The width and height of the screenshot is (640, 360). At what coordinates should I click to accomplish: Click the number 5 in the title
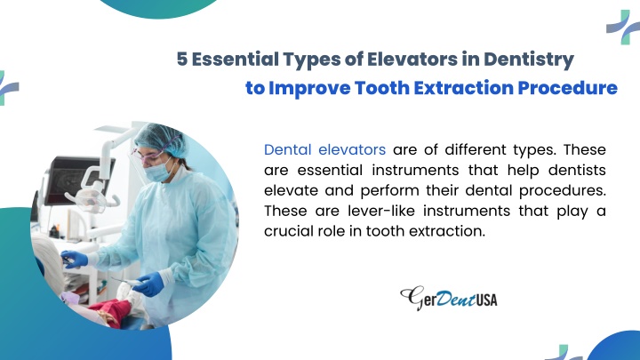click(182, 60)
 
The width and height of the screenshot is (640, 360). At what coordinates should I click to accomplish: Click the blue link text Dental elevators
click(325, 150)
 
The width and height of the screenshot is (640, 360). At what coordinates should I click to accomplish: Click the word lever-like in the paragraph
click(381, 211)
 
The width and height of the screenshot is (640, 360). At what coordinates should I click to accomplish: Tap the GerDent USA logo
click(449, 298)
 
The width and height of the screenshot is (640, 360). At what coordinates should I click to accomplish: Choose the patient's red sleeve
click(110, 311)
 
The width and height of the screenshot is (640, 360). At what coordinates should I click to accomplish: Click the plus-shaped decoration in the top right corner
click(623, 27)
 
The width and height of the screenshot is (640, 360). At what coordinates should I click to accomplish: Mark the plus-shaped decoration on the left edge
click(7, 88)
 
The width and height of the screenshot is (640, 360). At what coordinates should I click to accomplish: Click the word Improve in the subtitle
click(309, 88)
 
